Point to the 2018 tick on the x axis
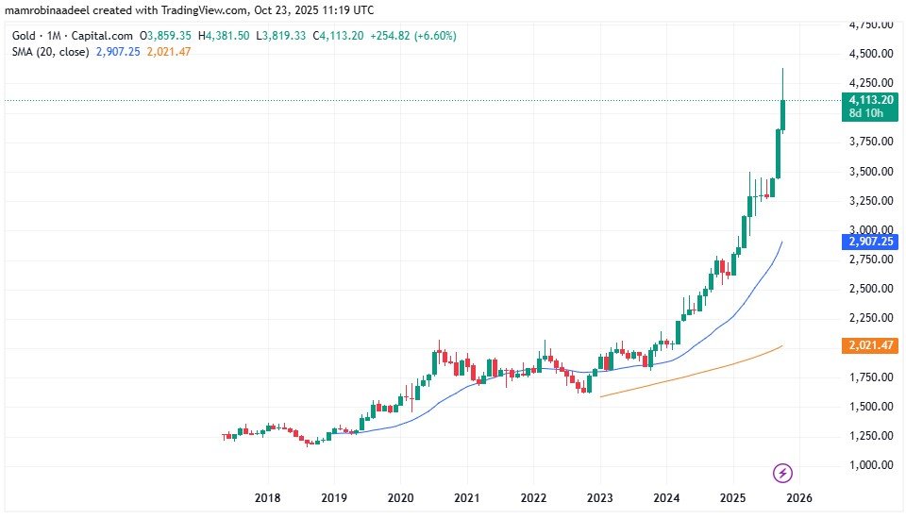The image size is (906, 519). click(x=267, y=497)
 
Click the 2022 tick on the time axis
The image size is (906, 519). click(x=534, y=497)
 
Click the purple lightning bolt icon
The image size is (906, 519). click(x=781, y=472)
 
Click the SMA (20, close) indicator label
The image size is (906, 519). click(x=46, y=51)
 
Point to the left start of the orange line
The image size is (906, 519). click(x=600, y=396)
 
